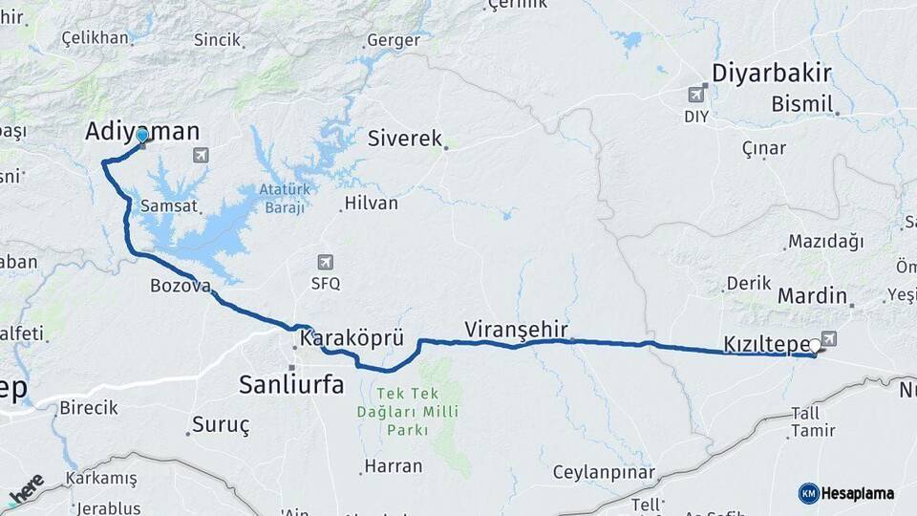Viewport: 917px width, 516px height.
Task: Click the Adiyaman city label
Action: point(142,131)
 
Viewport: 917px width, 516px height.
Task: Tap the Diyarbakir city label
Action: point(773,74)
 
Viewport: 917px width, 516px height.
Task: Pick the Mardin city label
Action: point(812,295)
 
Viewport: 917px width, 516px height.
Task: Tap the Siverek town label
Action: point(405,139)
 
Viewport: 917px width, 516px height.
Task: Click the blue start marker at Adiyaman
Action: point(141,137)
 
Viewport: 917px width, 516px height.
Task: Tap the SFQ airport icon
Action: point(326,262)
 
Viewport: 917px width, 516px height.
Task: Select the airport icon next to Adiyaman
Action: point(200,155)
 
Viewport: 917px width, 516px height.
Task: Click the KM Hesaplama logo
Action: point(846,493)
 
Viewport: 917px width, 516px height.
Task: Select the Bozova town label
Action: point(180,286)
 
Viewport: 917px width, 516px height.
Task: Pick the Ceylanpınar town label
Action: point(604,473)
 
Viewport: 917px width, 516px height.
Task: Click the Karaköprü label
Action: point(352,339)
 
